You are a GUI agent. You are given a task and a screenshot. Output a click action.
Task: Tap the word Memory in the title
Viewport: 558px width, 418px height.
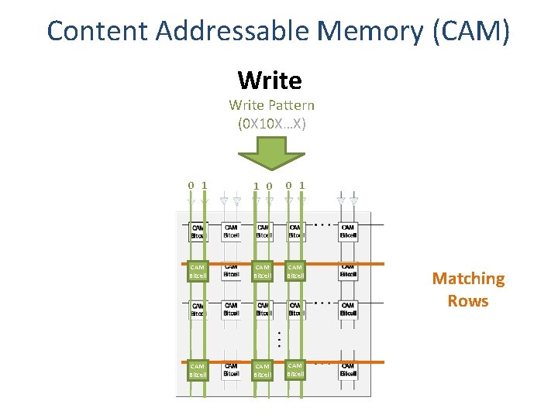[x=368, y=31]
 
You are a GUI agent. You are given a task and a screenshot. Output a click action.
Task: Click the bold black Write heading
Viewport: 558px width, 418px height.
[x=270, y=80]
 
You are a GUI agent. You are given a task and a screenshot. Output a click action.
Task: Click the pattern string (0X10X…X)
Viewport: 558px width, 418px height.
[x=272, y=122]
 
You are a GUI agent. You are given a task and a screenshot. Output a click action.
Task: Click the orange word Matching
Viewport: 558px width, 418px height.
[x=468, y=279]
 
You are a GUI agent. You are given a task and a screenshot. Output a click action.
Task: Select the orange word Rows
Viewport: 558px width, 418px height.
[x=468, y=300]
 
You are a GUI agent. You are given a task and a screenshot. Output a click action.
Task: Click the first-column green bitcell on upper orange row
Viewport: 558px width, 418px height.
[x=198, y=271]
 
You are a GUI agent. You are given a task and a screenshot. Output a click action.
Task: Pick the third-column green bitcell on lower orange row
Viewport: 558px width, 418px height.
[x=263, y=370]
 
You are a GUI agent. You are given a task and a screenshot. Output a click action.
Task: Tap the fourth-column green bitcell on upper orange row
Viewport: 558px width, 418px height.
[x=295, y=271]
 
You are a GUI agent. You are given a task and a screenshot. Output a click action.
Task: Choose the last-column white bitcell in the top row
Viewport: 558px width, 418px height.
[x=348, y=231]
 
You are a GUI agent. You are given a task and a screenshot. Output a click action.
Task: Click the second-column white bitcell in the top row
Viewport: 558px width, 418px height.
[x=231, y=231]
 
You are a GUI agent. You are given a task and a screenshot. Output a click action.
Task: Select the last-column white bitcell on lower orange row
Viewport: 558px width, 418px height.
[x=348, y=369]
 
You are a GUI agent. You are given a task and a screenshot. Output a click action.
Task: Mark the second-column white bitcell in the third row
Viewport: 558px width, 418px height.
[x=231, y=309]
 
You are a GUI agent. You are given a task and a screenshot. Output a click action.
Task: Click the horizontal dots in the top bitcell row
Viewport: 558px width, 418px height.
[x=322, y=225]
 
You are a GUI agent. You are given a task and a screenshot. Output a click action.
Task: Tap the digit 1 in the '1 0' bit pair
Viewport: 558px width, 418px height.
[x=257, y=186]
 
